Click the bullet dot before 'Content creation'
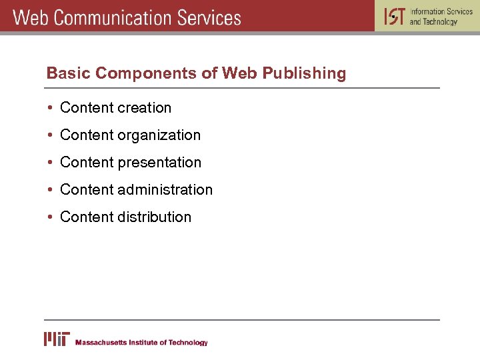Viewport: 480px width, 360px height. (x=50, y=108)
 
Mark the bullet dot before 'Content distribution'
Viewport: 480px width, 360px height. (x=50, y=217)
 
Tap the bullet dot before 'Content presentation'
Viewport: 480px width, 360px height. (x=50, y=163)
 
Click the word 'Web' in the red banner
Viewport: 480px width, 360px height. (x=31, y=17)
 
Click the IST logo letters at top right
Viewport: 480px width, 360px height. (x=394, y=16)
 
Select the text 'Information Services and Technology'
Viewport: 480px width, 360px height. (x=441, y=17)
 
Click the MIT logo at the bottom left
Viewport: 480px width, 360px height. (x=57, y=339)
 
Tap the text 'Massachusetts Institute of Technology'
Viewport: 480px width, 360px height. (x=141, y=343)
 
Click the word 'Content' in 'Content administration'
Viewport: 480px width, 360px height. (x=87, y=190)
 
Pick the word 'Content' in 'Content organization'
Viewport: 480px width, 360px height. (x=87, y=135)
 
